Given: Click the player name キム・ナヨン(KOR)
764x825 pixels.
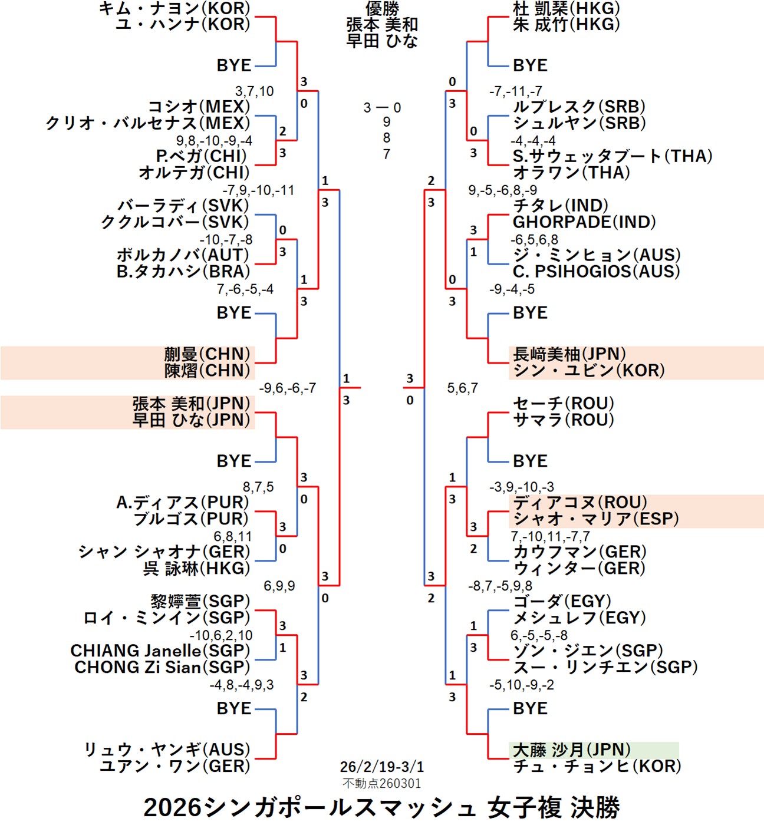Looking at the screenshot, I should [x=174, y=8].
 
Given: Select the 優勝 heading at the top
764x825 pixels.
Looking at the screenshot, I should [x=382, y=8].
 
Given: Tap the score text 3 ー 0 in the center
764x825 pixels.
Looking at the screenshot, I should [x=382, y=108].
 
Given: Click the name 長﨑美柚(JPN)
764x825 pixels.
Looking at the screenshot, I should [x=569, y=354].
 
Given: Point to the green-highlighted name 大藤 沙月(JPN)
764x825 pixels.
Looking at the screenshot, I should [x=572, y=750].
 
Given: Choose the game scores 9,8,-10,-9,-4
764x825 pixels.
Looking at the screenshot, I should [x=214, y=141].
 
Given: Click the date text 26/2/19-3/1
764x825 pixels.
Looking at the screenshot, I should [x=381, y=767].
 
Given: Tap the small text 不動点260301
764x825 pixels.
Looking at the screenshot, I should [x=381, y=783].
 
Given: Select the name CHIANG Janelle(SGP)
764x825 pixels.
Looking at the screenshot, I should [x=160, y=651].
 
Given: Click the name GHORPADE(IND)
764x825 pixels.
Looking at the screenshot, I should [x=584, y=222].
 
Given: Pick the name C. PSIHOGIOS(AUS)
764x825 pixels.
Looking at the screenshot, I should [x=596, y=272].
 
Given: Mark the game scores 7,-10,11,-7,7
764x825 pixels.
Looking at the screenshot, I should [x=549, y=536].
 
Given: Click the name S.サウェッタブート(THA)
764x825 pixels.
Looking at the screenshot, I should [x=612, y=156].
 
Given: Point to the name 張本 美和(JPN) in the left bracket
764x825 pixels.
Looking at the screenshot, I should [x=191, y=404].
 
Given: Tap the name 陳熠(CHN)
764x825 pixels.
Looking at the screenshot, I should [x=207, y=371].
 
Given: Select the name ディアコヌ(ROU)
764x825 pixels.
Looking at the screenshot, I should [x=579, y=503].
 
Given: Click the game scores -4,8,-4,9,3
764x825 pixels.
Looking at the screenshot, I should [x=241, y=685].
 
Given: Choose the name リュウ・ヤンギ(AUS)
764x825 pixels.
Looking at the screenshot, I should [x=167, y=750].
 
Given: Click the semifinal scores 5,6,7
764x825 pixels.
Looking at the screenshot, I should [x=462, y=388].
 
